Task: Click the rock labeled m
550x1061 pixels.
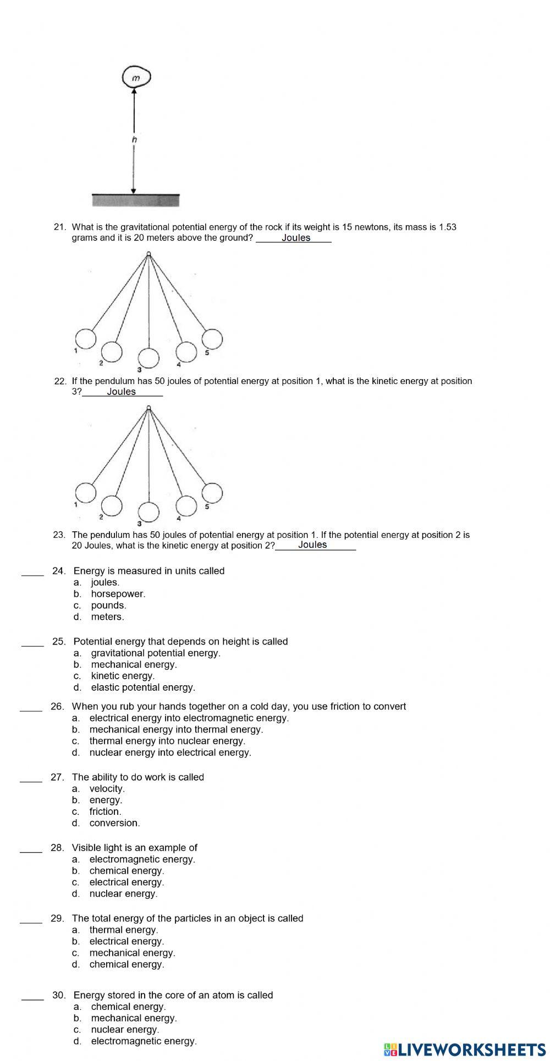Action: pyautogui.click(x=136, y=78)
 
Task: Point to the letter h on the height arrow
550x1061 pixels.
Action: pyautogui.click(x=134, y=140)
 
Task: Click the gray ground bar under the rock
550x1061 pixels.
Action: pyautogui.click(x=136, y=201)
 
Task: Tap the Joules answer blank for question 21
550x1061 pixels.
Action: pyautogui.click(x=295, y=238)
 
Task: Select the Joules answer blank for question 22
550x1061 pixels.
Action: pyautogui.click(x=122, y=391)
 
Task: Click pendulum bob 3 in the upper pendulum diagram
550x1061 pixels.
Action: pyautogui.click(x=148, y=358)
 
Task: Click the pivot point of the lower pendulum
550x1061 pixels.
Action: pyautogui.click(x=148, y=407)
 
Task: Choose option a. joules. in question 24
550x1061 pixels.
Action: pyautogui.click(x=105, y=582)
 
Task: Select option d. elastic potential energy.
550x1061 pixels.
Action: pyautogui.click(x=142, y=687)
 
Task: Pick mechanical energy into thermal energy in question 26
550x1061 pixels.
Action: pyautogui.click(x=176, y=730)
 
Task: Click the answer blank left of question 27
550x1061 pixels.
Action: pyautogui.click(x=31, y=777)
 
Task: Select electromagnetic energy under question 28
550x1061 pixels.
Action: pyautogui.click(x=142, y=859)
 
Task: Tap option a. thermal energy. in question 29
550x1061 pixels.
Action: pyautogui.click(x=123, y=930)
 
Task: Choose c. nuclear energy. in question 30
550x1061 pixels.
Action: pyautogui.click(x=125, y=1030)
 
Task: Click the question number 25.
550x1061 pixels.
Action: pyautogui.click(x=59, y=642)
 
